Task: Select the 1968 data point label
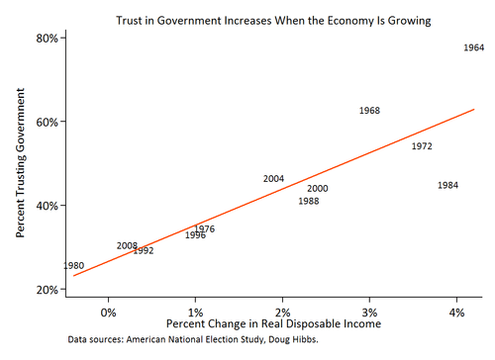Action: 369,111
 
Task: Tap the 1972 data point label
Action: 422,146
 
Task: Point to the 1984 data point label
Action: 447,186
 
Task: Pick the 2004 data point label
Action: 274,179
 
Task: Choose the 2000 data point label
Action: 318,189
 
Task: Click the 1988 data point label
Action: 309,201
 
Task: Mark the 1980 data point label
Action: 73,266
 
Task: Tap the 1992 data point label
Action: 144,251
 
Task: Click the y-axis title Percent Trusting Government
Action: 20,164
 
